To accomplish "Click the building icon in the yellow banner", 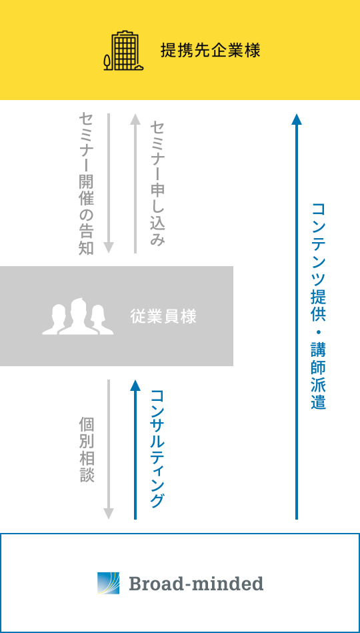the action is point(123,51).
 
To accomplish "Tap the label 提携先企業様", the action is point(210,51).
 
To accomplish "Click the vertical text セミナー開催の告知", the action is point(87,183).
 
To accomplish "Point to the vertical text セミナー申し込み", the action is point(157,183).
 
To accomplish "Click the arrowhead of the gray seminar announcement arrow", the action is point(109,248).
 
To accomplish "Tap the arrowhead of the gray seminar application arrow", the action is point(135,119).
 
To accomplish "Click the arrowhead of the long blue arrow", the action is point(297,119).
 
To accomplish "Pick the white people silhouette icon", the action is point(78,316).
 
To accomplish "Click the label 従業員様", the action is point(163,316).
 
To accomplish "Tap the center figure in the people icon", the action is point(78,316).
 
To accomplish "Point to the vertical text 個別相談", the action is point(87,450).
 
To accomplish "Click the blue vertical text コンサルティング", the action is point(157,449).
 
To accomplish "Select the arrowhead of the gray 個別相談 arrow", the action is point(109,514).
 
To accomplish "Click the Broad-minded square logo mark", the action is point(109,584).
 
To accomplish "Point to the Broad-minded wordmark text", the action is point(196,584).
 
